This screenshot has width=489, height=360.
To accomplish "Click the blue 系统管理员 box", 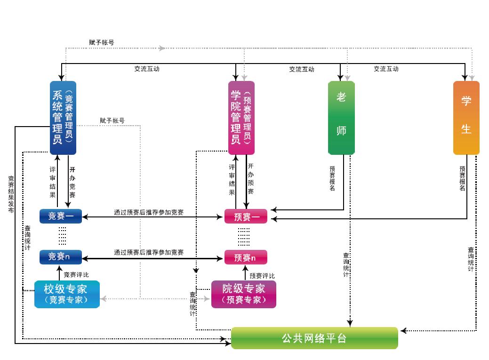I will point(63,118).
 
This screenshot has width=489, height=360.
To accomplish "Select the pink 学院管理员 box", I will point(241,118).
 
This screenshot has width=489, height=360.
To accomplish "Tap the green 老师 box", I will point(341,118).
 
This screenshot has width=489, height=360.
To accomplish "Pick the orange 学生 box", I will point(466,118).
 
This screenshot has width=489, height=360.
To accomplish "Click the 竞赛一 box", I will point(60,216).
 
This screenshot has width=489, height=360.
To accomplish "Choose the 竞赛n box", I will point(60,257).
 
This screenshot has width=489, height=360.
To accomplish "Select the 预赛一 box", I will point(246,216).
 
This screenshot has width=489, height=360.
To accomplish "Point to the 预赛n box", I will point(246,257).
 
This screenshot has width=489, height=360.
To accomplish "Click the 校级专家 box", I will point(67,294).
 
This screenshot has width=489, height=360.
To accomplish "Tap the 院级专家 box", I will point(243,294).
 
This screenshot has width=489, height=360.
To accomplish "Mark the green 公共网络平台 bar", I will point(314,338).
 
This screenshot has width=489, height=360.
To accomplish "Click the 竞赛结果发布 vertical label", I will point(11,194).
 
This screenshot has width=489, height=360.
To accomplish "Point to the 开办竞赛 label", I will point(72,182).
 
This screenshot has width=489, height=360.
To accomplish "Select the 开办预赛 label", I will point(250,179).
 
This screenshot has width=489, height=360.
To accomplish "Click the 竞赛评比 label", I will point(76,274).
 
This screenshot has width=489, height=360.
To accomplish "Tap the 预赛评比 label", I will point(262,276).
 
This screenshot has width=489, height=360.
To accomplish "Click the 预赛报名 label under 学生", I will point(463,178).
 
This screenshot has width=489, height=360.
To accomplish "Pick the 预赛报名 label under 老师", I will point(332,178).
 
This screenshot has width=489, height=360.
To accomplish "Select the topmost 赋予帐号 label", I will point(101,42).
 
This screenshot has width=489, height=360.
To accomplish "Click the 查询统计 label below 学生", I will point(471,259).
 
